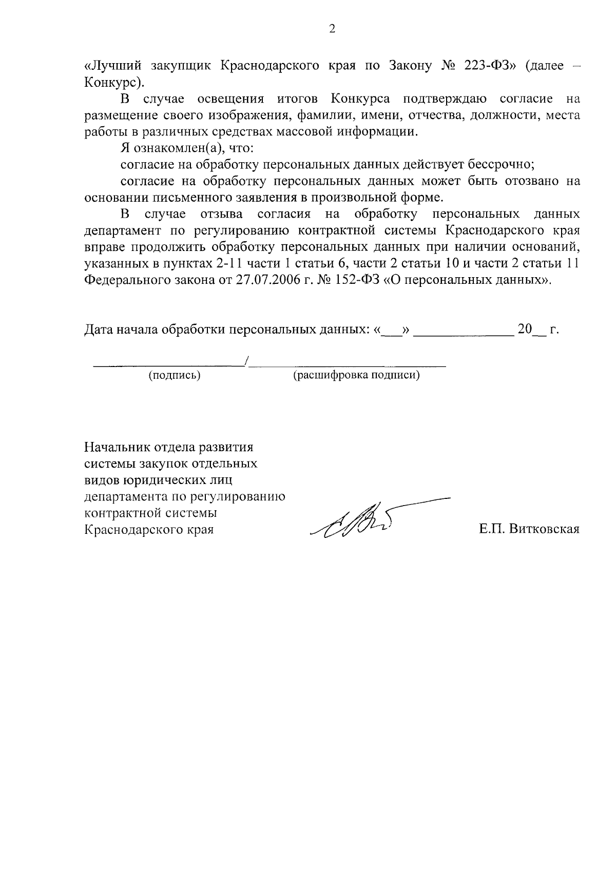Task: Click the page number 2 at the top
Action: click(x=332, y=29)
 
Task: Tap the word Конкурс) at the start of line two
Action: click(x=111, y=82)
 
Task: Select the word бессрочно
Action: click(x=501, y=165)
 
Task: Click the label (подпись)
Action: click(x=174, y=375)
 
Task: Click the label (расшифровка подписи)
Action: click(x=356, y=375)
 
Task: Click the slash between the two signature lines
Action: click(x=247, y=362)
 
